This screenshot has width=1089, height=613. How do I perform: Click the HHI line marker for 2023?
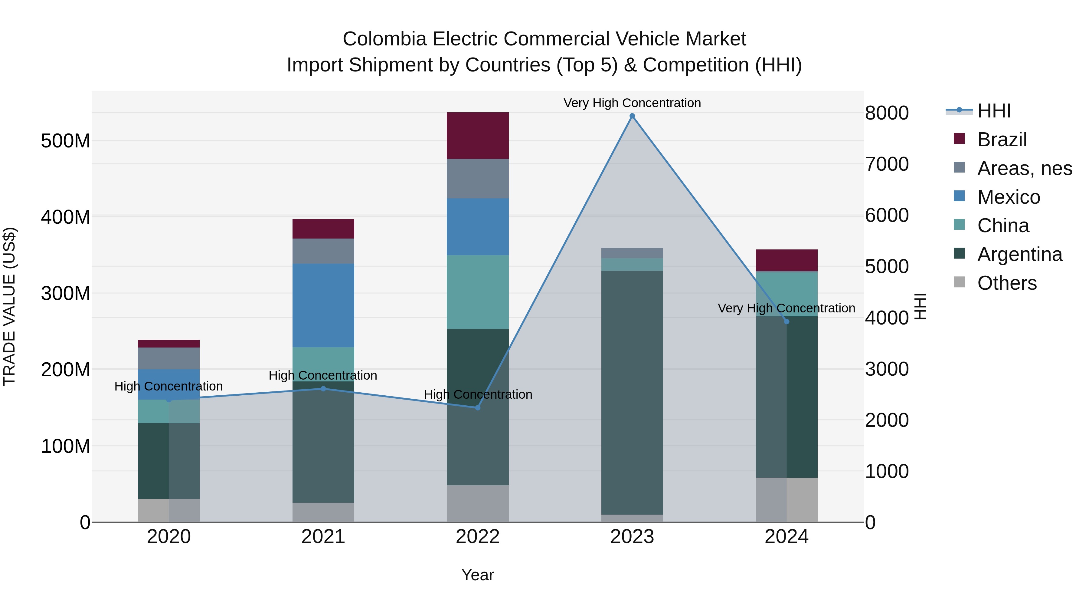632,116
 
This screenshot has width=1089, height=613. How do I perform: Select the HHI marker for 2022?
478,407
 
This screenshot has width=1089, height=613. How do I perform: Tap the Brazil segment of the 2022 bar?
478,135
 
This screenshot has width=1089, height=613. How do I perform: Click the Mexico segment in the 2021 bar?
323,305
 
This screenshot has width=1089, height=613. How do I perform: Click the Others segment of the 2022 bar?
478,503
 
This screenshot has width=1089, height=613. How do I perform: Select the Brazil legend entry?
1002,140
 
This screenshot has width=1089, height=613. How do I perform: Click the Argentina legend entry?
1019,254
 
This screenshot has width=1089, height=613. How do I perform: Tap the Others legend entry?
1006,283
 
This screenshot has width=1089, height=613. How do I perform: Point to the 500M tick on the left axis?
66,140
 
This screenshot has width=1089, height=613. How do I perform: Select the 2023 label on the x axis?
632,537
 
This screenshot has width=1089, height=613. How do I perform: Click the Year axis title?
478,575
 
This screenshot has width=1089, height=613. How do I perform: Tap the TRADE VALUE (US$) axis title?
9,306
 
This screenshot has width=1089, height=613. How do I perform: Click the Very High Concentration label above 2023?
632,103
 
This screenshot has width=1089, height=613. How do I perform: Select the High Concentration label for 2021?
323,375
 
